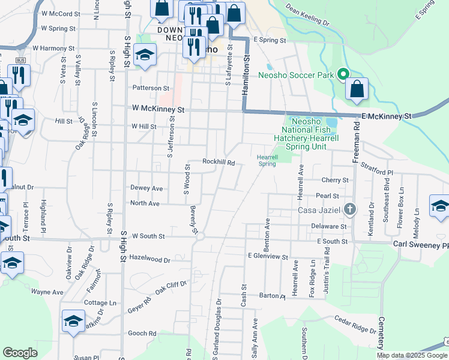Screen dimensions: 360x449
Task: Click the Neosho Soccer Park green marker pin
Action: click(343, 75)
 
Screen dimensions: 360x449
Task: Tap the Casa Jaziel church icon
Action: click(350, 210)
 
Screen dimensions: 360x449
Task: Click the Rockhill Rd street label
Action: click(218, 162)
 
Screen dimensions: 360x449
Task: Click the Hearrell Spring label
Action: click(268, 160)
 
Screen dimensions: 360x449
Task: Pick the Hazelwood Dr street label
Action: click(150, 260)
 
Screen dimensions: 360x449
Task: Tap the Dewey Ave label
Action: click(147, 188)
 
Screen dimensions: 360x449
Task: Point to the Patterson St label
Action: click(151, 88)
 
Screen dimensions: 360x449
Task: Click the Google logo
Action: click(20, 353)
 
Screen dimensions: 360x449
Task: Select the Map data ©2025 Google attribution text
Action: click(412, 355)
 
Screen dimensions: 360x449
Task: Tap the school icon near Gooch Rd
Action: click(73, 322)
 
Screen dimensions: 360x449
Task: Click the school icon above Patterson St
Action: click(145, 56)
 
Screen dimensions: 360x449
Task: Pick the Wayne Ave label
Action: click(47, 292)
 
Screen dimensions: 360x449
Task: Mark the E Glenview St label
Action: click(268, 256)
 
